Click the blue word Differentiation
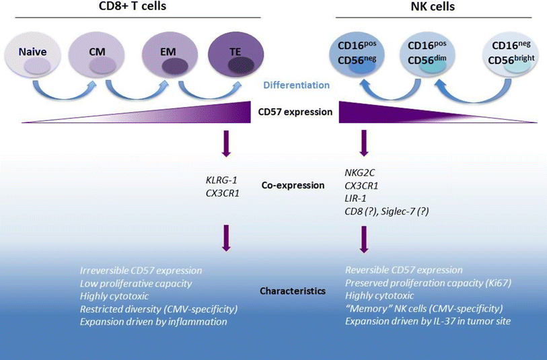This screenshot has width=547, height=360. tap(297, 85)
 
